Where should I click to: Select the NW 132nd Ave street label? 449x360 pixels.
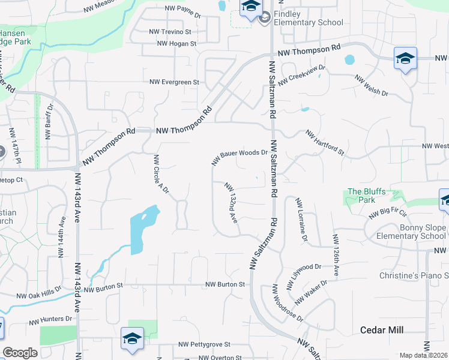point(232,203)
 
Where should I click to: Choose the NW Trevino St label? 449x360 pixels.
point(170,31)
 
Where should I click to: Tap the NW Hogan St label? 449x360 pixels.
point(176,44)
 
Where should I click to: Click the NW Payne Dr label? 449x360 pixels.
point(182,9)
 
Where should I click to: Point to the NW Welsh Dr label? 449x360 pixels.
point(372,86)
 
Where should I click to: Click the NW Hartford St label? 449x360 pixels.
point(324,143)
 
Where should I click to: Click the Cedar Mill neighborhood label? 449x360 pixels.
point(381,330)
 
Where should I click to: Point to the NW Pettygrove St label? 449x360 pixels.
point(205,345)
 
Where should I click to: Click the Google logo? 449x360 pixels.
point(20,353)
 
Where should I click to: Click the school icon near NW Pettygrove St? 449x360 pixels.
point(132,338)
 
